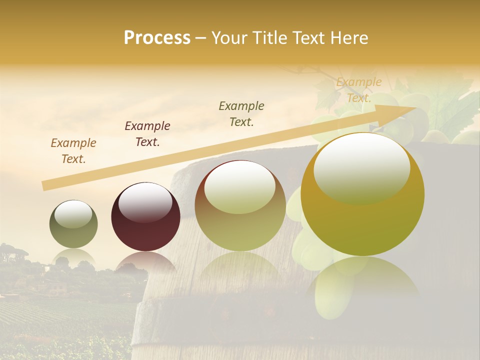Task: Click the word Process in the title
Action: (157, 38)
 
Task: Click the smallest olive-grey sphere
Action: (73, 224)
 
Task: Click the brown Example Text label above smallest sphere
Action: (73, 151)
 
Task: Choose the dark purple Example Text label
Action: (147, 134)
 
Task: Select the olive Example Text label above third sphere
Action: (241, 113)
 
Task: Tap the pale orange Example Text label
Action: (358, 90)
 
